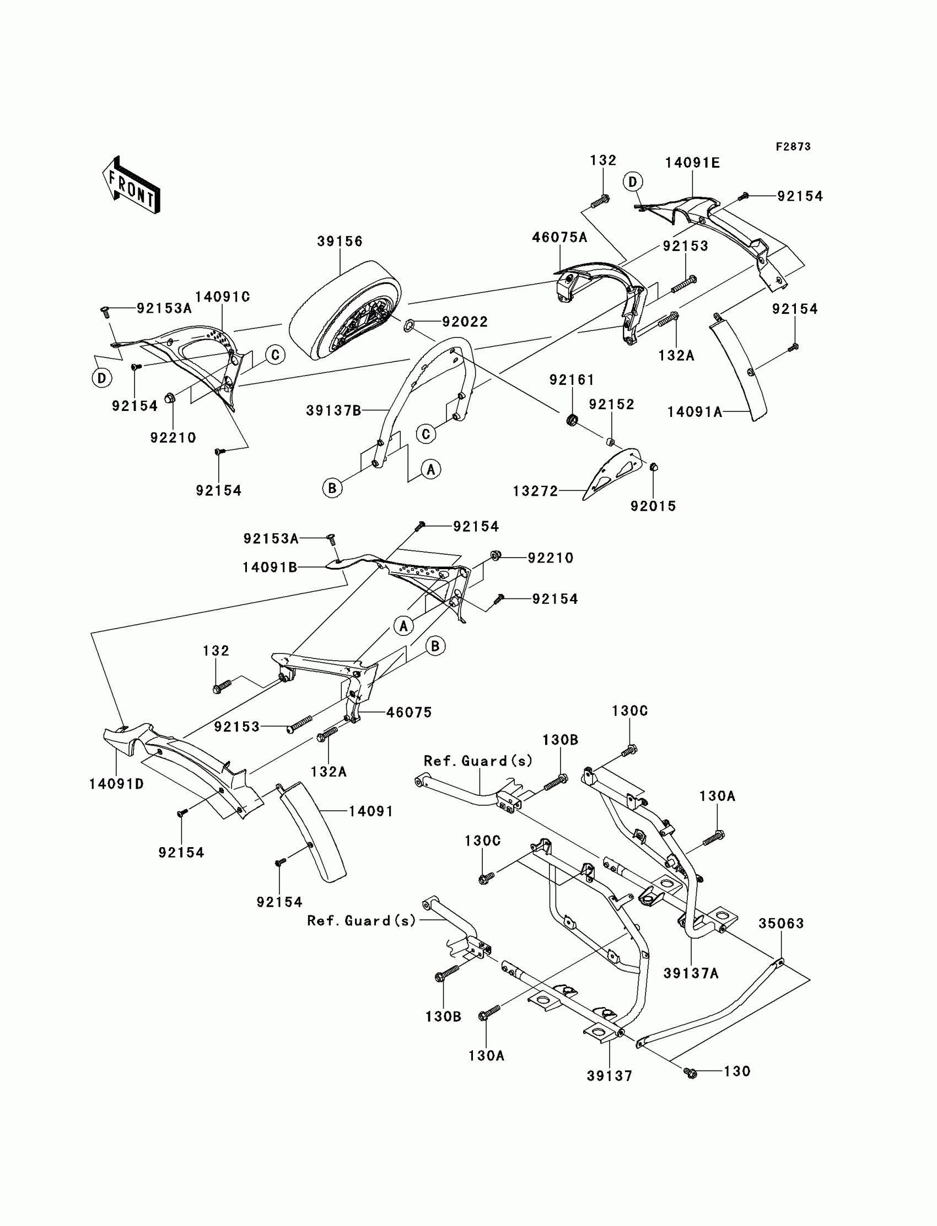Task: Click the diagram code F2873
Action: click(x=793, y=147)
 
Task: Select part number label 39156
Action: click(x=340, y=242)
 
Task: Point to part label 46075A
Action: click(x=559, y=237)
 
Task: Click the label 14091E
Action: click(x=692, y=163)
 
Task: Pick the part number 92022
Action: click(x=465, y=322)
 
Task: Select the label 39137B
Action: click(x=333, y=411)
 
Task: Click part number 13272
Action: click(x=535, y=491)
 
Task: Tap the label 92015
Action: click(x=653, y=506)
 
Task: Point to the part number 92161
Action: click(x=572, y=380)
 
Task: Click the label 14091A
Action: click(x=695, y=412)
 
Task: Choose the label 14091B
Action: click(x=270, y=568)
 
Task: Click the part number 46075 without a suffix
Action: click(x=409, y=713)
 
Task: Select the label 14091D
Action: click(x=116, y=784)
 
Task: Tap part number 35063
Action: click(x=781, y=924)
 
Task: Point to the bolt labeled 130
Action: click(x=691, y=1073)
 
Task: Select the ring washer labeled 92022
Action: click(x=409, y=324)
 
